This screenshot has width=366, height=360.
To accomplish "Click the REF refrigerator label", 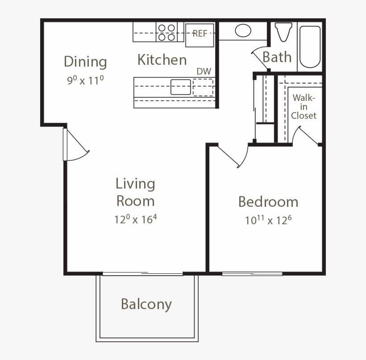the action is tap(200, 33).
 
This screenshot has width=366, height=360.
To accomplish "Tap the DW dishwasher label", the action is tap(204, 71).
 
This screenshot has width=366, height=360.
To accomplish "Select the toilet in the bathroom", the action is tap(283, 32).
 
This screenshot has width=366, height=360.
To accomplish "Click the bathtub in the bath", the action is tap(310, 47).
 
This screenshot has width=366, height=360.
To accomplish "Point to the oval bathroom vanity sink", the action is tap(243, 30).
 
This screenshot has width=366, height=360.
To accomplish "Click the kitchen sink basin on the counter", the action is tap(181, 87).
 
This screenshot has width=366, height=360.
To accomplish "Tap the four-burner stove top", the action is tap(166, 32).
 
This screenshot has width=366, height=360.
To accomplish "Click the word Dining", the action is tap(85, 62).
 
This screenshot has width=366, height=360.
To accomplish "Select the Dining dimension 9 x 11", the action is tap(85, 80).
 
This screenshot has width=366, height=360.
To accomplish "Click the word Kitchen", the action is tap(162, 59).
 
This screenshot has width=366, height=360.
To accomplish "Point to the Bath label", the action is tap(277, 57).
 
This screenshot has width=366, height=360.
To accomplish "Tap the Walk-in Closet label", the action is tap(304, 107).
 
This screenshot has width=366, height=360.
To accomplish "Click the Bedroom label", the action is tap(268, 201).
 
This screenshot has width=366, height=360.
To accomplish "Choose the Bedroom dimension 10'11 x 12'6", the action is tap(268, 220).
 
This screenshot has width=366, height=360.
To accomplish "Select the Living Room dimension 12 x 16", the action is tap(135, 219).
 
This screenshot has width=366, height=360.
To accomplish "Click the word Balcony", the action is tap(146, 305).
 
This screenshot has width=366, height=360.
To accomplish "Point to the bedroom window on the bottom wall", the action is tap(252, 274).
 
